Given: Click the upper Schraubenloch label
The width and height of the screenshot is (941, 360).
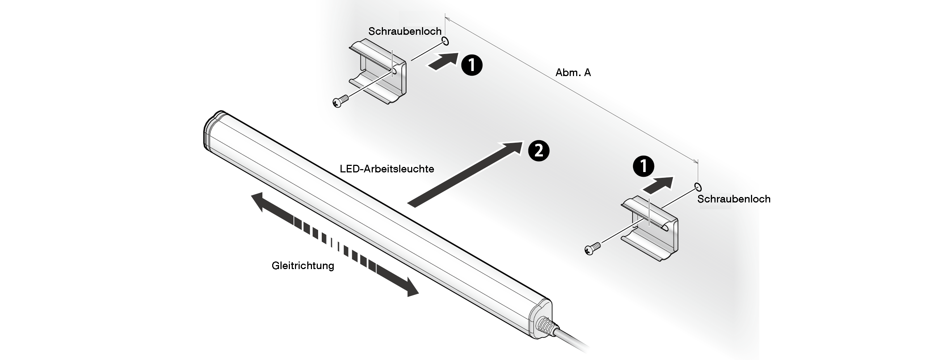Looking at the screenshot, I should point(405,32).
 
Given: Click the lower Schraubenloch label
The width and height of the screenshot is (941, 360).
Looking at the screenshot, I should point(734,199).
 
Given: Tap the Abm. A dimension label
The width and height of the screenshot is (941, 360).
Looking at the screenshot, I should point(573,73).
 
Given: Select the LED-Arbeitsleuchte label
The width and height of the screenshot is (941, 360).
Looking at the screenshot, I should point(387,169).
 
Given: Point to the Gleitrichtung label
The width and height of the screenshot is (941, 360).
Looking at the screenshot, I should point(303,266).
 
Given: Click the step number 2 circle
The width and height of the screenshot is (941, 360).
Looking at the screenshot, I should point(539,151).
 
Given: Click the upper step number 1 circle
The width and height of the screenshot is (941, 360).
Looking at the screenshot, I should point(472,65).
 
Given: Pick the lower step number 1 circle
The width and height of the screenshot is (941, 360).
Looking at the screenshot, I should point(643,167).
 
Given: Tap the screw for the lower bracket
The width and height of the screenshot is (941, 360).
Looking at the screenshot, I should point(592,249).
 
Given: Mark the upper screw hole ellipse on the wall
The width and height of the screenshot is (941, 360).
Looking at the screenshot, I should point(445,41).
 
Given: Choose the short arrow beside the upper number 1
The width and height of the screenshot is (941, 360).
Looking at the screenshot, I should point(443,61).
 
